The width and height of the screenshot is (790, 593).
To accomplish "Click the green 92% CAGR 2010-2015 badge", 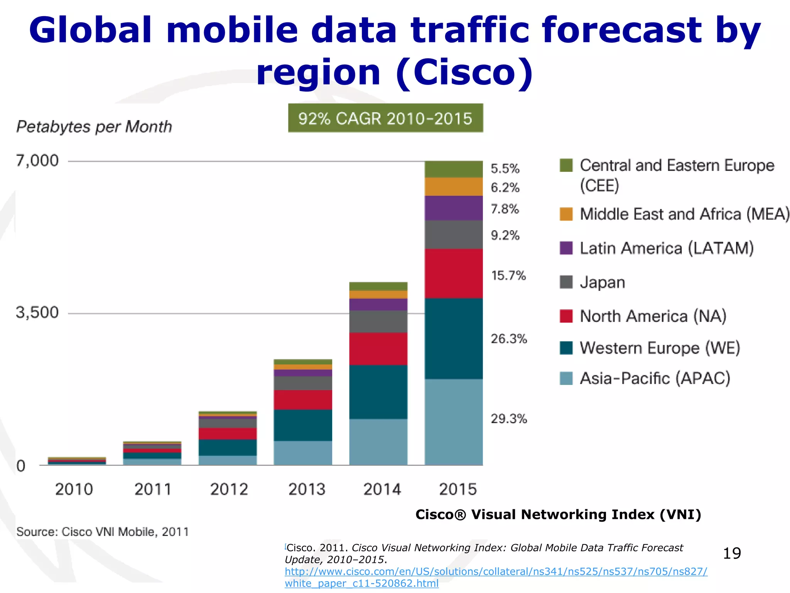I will (385, 118).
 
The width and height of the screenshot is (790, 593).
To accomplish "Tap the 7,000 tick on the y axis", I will (37, 161).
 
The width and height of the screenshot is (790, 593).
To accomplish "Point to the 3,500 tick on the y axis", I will (37, 312).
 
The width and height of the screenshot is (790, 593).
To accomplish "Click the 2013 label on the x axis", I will (307, 490).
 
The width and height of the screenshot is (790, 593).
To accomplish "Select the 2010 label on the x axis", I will (74, 490).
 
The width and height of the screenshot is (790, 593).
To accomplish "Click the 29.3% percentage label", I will (508, 418).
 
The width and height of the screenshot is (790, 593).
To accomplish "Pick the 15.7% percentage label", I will (508, 276).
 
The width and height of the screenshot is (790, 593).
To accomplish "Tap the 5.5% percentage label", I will (505, 169).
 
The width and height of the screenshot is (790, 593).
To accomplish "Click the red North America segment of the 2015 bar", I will (454, 273).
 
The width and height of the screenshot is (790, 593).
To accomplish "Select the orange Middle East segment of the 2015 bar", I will (454, 186).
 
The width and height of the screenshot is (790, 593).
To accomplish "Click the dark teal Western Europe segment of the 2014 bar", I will (378, 391).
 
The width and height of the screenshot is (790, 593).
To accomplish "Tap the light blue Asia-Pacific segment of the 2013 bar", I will (303, 452).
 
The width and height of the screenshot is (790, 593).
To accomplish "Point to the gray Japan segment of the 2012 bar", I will (228, 423).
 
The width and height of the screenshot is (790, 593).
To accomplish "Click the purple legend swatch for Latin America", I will (566, 248).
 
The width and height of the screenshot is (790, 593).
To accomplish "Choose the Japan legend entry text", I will (602, 282).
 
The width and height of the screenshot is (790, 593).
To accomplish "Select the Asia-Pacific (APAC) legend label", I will (655, 378).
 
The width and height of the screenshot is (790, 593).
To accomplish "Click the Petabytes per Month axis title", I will (94, 127).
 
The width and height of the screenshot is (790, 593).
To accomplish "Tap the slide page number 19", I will (731, 553).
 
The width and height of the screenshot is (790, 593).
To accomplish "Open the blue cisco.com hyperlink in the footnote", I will (496, 572).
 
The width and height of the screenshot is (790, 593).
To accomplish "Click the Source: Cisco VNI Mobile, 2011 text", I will (103, 532).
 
